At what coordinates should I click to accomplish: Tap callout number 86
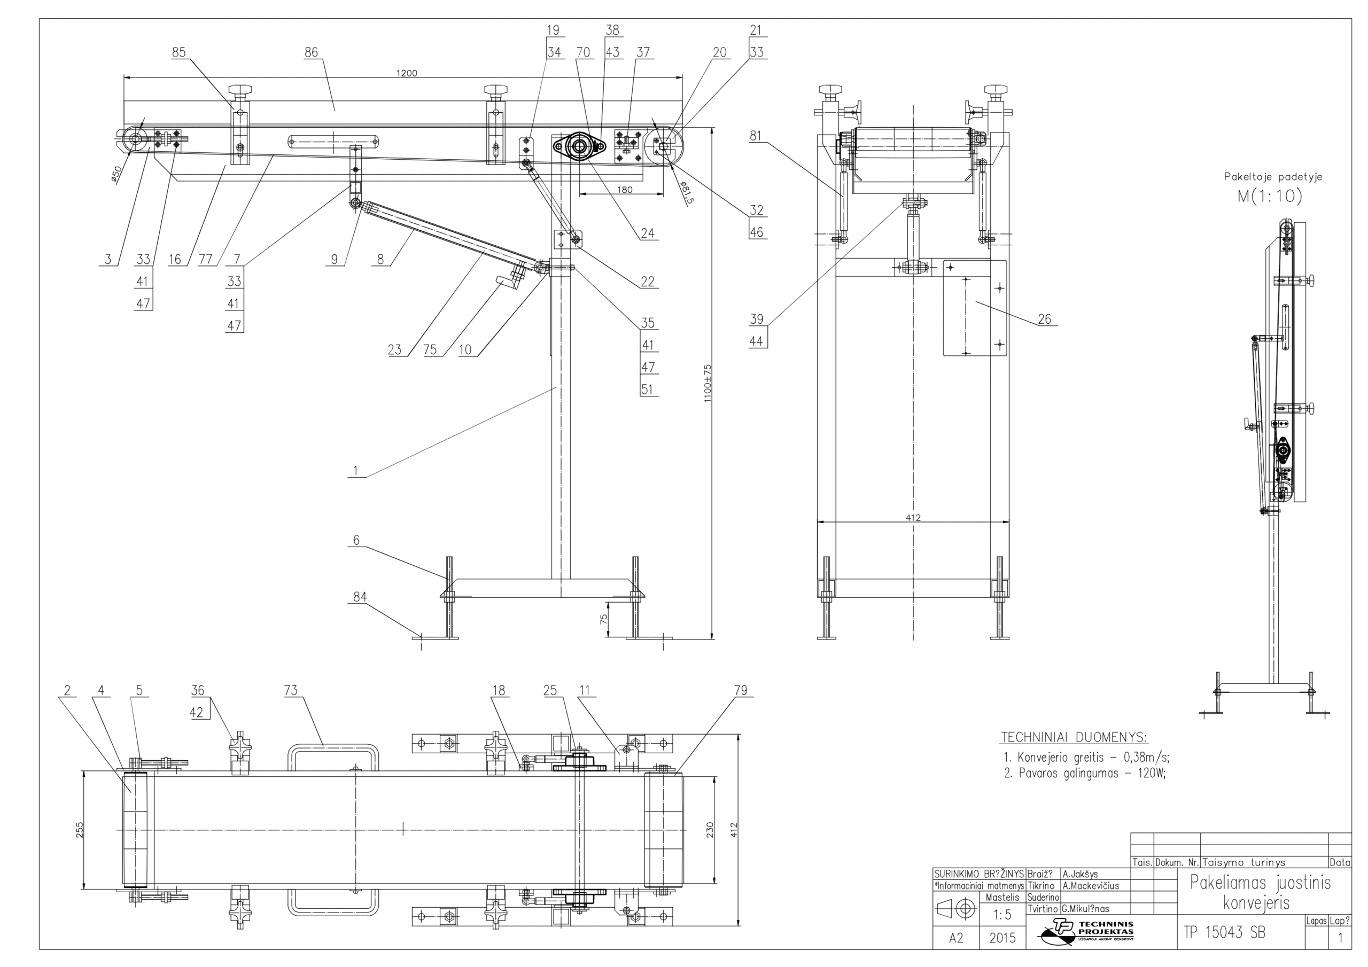point(311,52)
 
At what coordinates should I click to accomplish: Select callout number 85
point(178,52)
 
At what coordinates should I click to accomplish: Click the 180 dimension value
point(625,190)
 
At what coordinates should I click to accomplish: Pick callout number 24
point(648,233)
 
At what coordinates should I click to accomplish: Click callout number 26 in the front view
point(1045,319)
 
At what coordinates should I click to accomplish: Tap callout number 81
point(756,136)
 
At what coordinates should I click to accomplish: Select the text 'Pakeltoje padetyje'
point(1273,177)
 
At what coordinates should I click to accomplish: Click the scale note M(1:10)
point(1270,196)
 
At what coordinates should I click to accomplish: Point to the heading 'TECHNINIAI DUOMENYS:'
point(1074,738)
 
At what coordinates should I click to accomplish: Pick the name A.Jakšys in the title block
point(1079,875)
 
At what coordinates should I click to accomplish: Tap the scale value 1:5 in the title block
point(1003,915)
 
